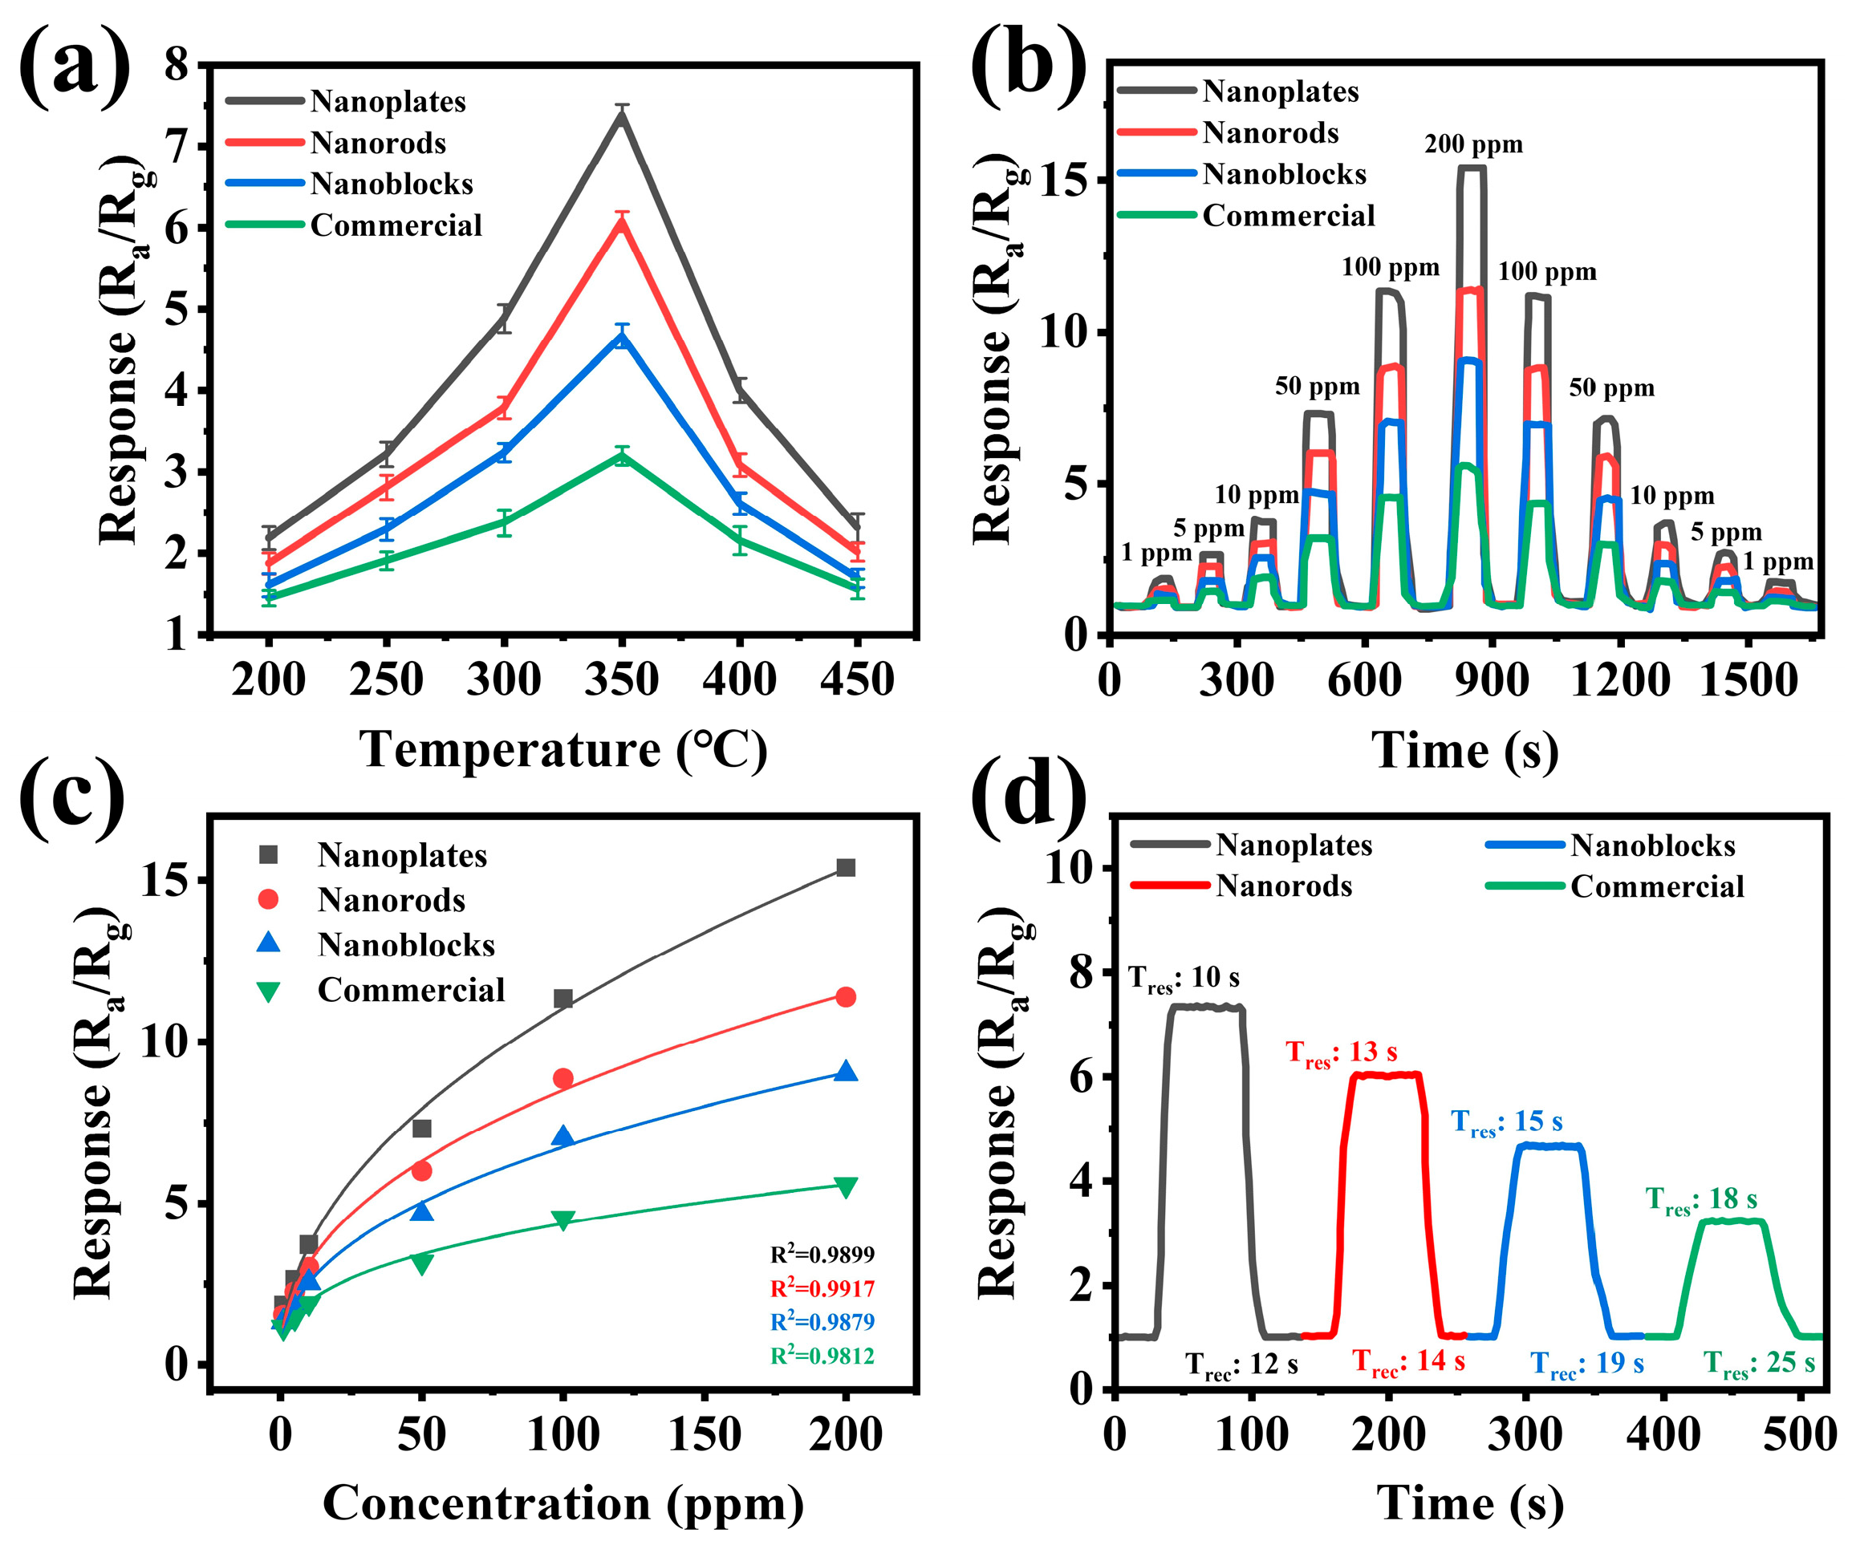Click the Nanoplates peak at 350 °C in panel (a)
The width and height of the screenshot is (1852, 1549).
pyautogui.click(x=623, y=116)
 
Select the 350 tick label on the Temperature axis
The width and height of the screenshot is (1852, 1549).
pyautogui.click(x=622, y=680)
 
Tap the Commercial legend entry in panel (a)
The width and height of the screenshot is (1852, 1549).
pyautogui.click(x=395, y=225)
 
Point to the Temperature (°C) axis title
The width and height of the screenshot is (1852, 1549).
pyautogui.click(x=563, y=750)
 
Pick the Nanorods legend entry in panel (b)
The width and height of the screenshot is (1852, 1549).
pyautogui.click(x=1270, y=133)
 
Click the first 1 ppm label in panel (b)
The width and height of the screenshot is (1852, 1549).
pyautogui.click(x=1156, y=553)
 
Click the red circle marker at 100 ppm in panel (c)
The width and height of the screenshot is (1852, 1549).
pyautogui.click(x=563, y=1078)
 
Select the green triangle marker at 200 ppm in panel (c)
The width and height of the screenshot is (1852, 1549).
pyautogui.click(x=846, y=1186)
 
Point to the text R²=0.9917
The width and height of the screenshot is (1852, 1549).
pyautogui.click(x=822, y=1289)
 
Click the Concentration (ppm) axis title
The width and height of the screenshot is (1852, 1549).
pyautogui.click(x=563, y=1503)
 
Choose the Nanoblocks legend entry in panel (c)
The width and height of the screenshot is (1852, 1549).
pyautogui.click(x=406, y=945)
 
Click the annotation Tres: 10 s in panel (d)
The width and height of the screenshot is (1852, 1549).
pyautogui.click(x=1184, y=978)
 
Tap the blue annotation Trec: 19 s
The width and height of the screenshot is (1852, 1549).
pyautogui.click(x=1587, y=1364)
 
